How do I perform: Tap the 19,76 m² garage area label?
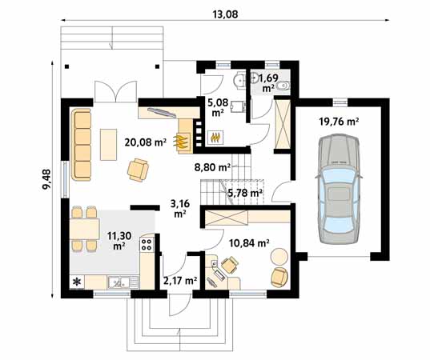[339, 122]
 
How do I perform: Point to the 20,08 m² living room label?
[145, 142]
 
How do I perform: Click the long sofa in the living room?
[82, 146]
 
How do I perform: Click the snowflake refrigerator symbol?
[77, 282]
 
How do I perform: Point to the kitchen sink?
[119, 282]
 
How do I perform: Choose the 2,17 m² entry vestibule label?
[179, 280]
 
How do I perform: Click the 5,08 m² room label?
[216, 107]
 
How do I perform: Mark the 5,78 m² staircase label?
[245, 192]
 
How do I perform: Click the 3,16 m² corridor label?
[179, 209]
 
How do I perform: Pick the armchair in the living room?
[139, 169]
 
